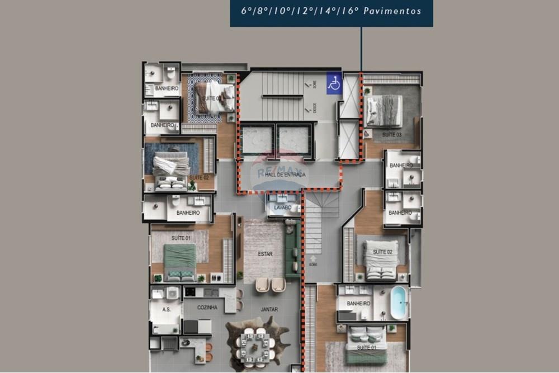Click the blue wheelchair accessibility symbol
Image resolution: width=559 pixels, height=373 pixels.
click(x=334, y=83)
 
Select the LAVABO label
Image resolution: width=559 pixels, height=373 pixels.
click(x=283, y=207)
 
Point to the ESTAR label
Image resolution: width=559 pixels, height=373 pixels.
click(x=265, y=254)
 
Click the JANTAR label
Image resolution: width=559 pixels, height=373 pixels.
click(x=269, y=309)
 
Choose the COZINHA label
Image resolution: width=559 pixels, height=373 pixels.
click(x=207, y=308)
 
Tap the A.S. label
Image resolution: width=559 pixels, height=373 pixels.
click(x=166, y=309)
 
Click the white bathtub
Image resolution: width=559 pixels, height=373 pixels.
click(x=399, y=301)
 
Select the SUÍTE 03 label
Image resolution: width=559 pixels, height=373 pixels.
click(x=391, y=135)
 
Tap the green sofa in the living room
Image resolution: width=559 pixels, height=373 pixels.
click(x=291, y=254)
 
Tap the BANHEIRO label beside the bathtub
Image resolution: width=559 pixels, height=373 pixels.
click(x=358, y=304)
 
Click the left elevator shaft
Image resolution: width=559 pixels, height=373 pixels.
click(x=257, y=140)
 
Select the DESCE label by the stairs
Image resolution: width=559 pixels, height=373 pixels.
click(x=315, y=107)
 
